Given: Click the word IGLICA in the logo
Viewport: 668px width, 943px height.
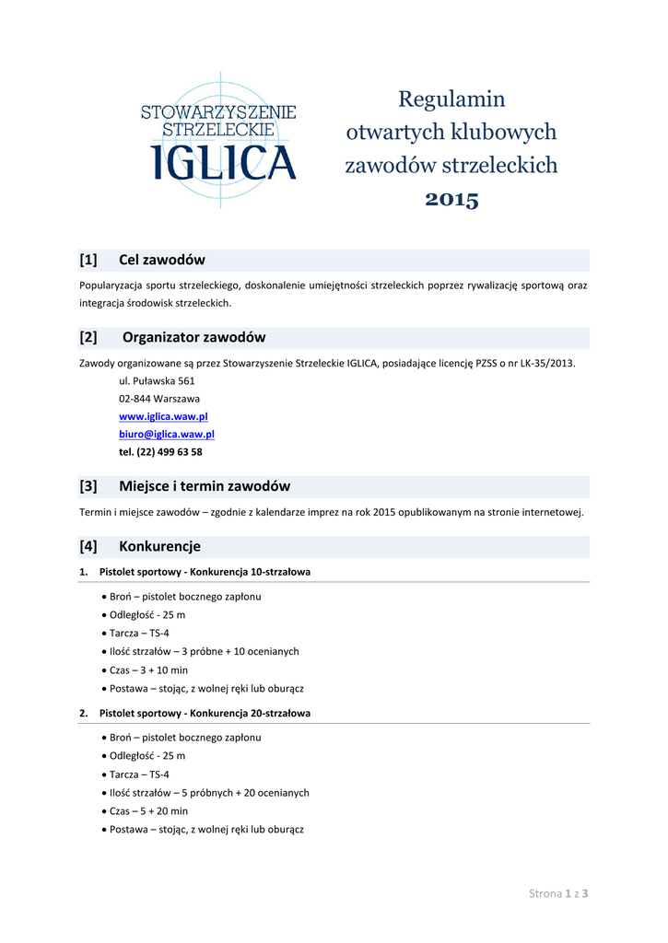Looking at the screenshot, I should pyautogui.click(x=224, y=161).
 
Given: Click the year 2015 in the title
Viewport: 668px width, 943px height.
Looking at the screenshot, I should pyautogui.click(x=451, y=200).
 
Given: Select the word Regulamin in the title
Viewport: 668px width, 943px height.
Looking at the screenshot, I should pyautogui.click(x=451, y=99).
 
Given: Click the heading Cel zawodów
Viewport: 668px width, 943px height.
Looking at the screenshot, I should pyautogui.click(x=162, y=260).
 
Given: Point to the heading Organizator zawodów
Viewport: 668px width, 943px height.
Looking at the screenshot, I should pyautogui.click(x=194, y=337).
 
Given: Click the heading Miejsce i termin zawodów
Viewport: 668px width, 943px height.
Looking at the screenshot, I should pyautogui.click(x=205, y=485).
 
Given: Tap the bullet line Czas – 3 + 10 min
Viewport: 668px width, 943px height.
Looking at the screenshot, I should pyautogui.click(x=148, y=669).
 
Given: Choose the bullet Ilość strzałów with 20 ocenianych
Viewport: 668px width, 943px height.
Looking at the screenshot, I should pyautogui.click(x=209, y=792).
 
